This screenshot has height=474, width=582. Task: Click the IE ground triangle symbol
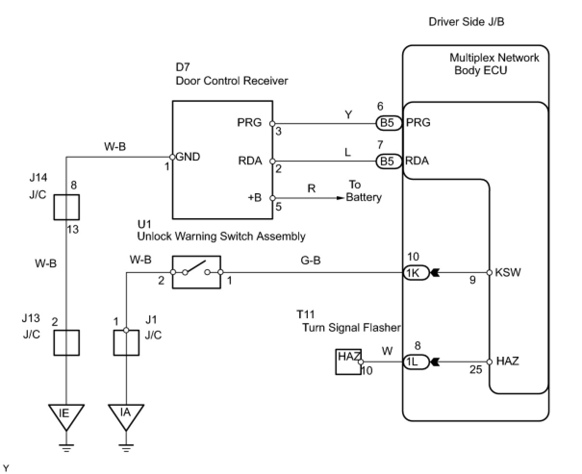pyautogui.click(x=66, y=416)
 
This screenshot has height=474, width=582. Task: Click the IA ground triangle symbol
pyautogui.click(x=126, y=416)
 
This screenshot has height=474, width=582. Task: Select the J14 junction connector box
pyautogui.click(x=66, y=207)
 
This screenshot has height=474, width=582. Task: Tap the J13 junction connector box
pyautogui.click(x=66, y=342)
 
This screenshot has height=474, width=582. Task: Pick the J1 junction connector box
pyautogui.click(x=126, y=342)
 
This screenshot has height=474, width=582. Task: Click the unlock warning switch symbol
pyautogui.click(x=196, y=272)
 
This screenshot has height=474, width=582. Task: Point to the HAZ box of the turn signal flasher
pyautogui.click(x=348, y=362)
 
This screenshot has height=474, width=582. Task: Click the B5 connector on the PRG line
pyautogui.click(x=388, y=123)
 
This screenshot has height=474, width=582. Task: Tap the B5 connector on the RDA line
pyautogui.click(x=388, y=162)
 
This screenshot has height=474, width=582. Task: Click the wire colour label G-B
pyautogui.click(x=311, y=261)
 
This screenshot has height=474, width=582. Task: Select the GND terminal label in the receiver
pyautogui.click(x=188, y=157)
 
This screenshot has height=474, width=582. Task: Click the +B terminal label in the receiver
pyautogui.click(x=254, y=198)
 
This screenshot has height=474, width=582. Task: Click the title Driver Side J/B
pyautogui.click(x=466, y=22)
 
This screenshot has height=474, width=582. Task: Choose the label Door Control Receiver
pyautogui.click(x=231, y=80)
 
